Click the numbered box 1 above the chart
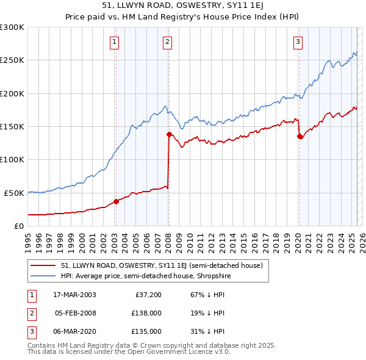point(115,42)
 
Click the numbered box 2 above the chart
point(167,42)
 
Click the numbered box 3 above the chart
point(298,42)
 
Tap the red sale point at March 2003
point(116,201)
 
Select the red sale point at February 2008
point(169,134)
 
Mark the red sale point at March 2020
point(300,137)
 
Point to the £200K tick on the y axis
point(12,93)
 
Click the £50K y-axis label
point(15,193)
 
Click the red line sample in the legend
point(43,266)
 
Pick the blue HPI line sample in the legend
point(43,276)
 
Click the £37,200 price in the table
point(148,295)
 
